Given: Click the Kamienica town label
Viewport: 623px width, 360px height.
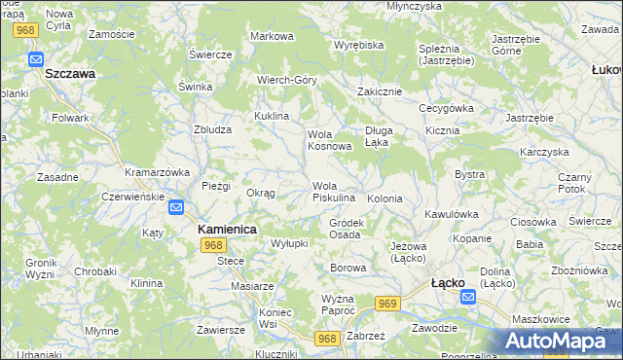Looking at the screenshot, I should pyautogui.click(x=227, y=229).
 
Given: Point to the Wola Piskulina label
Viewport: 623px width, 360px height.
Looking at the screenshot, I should pyautogui.click(x=333, y=192).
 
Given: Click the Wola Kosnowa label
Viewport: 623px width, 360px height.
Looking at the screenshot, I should pyautogui.click(x=329, y=140).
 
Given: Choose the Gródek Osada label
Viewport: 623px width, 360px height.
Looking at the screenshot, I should pyautogui.click(x=347, y=229).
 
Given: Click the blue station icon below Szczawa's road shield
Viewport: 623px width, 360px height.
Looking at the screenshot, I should pyautogui.click(x=36, y=58).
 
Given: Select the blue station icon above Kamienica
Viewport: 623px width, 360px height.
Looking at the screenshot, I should pyautogui.click(x=176, y=207).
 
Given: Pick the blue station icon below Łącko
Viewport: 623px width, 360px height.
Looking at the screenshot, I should pyautogui.click(x=469, y=298).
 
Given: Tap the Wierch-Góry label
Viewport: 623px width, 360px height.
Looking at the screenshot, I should pyautogui.click(x=287, y=80).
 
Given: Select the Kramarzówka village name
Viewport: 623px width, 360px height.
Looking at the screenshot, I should pyautogui.click(x=157, y=171).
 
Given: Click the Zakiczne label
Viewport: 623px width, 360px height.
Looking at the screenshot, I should pyautogui.click(x=380, y=91).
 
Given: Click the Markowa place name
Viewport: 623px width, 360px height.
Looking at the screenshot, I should pyautogui.click(x=272, y=36).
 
